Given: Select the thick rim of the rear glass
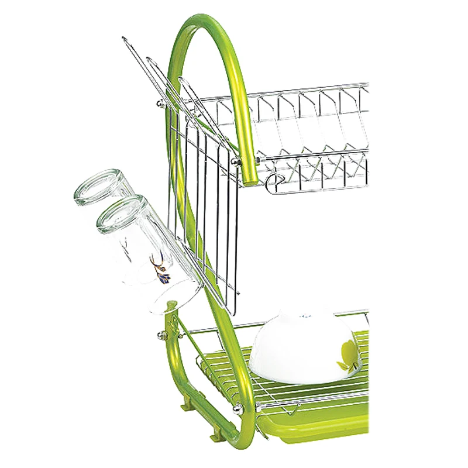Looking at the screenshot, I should [97, 186].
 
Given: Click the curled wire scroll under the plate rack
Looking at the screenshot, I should [275, 182].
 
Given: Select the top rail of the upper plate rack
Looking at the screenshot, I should [292, 91].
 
